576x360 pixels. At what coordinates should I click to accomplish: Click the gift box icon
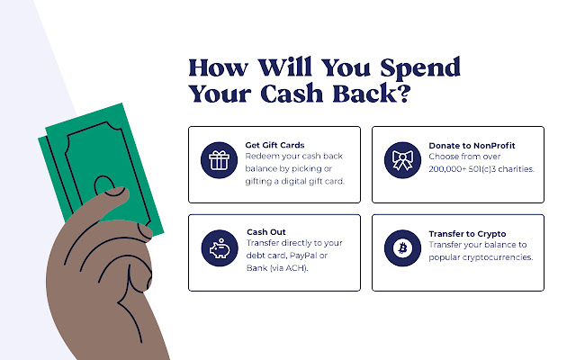[x=219, y=160]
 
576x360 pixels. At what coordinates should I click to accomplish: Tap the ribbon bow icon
[x=402, y=160]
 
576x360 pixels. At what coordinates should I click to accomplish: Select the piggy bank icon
[x=220, y=248]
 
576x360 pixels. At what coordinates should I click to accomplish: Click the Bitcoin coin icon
[x=402, y=248]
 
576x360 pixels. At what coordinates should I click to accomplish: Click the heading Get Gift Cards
[x=274, y=145]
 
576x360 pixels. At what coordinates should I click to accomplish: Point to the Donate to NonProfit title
[x=472, y=146]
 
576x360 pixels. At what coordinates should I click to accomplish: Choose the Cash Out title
[x=266, y=232]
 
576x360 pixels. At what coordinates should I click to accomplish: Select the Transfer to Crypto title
[x=467, y=234]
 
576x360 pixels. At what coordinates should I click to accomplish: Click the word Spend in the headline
[x=420, y=68]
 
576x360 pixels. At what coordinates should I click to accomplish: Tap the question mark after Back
[x=404, y=94]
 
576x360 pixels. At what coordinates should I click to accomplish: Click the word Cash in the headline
[x=292, y=94]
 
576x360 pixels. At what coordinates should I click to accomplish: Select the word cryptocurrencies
[x=498, y=257]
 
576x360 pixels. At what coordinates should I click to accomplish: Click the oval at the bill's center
[x=104, y=185]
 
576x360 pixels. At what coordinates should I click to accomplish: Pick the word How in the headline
[x=218, y=68]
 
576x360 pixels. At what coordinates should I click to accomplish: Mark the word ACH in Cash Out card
[x=295, y=268]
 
